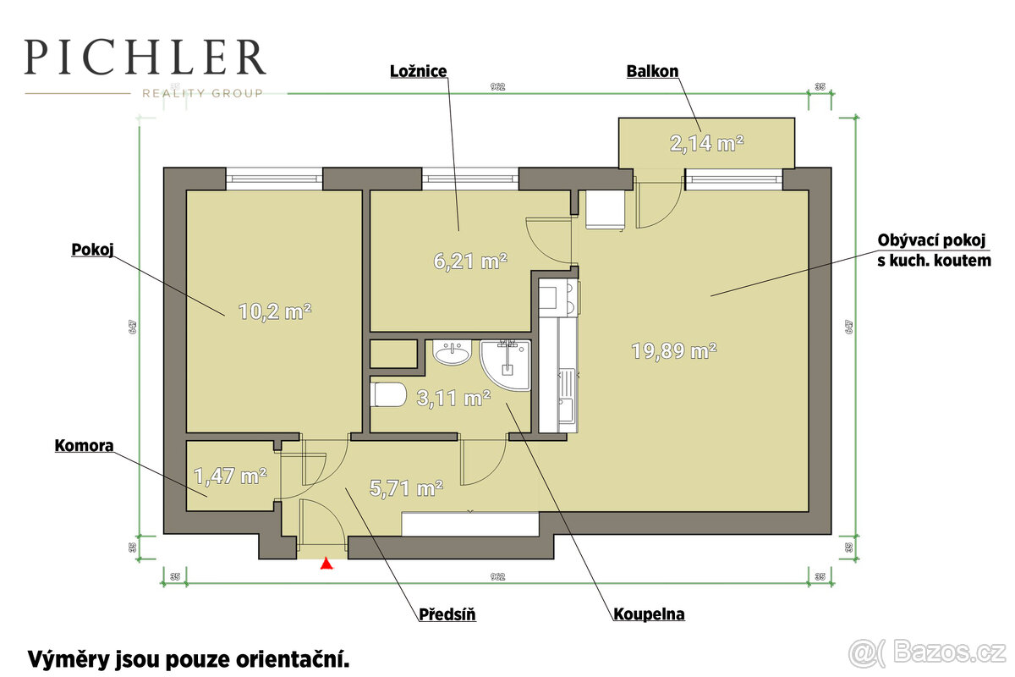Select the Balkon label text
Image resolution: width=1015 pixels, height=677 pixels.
[652, 71]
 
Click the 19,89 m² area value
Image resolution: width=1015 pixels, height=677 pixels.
[674, 350]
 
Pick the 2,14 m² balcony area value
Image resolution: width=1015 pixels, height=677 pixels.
[707, 144]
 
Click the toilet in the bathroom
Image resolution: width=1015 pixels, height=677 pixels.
[389, 395]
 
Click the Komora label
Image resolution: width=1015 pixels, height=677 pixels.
[85, 445]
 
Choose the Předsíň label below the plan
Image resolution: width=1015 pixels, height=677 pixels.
[447, 614]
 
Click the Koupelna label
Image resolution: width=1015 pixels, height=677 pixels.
[649, 614]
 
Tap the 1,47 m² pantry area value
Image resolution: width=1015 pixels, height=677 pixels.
[230, 476]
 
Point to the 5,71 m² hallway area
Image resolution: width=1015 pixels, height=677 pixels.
[407, 487]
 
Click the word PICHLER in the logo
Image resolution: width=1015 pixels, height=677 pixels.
[145, 58]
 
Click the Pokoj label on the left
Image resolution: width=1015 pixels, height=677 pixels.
[92, 250]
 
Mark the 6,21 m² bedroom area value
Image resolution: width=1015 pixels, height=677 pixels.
[469, 261]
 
